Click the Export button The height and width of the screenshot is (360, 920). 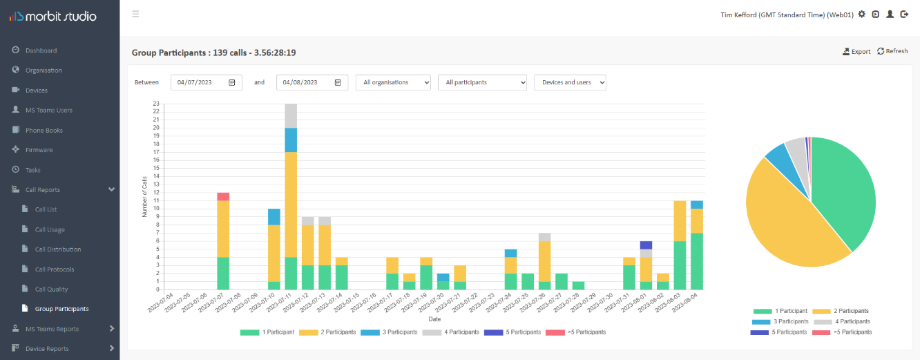pyautogui.click(x=856, y=51)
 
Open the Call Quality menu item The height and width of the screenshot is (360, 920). pyautogui.click(x=51, y=289)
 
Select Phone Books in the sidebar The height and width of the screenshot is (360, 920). pyautogui.click(x=44, y=130)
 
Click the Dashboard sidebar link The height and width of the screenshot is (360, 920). pyautogui.click(x=41, y=50)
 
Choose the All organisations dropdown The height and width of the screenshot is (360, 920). pyautogui.click(x=393, y=82)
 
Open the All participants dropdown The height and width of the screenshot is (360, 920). pyautogui.click(x=482, y=82)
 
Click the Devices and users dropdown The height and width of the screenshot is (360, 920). pyautogui.click(x=570, y=82)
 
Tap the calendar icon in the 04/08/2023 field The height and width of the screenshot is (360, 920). pyautogui.click(x=338, y=82)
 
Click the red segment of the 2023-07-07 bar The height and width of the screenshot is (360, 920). pyautogui.click(x=223, y=197)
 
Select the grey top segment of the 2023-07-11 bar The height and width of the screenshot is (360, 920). pyautogui.click(x=291, y=115)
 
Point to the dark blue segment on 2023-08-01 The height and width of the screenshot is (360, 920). pyautogui.click(x=646, y=245)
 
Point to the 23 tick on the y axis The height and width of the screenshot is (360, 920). pyautogui.click(x=156, y=104)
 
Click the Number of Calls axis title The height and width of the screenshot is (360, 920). pyautogui.click(x=145, y=197)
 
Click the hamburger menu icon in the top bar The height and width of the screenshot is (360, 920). pyautogui.click(x=135, y=14)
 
